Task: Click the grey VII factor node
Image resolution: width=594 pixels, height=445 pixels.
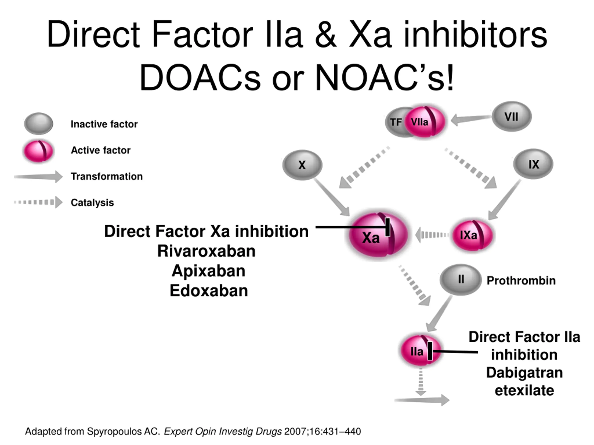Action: pos(512,117)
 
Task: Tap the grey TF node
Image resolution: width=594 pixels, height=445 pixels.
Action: pos(395,122)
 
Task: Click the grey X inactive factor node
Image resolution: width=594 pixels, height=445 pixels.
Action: pos(302,165)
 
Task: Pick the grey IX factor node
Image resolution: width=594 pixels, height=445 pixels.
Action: pos(533,164)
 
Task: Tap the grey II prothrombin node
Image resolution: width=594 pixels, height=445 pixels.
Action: pos(461,280)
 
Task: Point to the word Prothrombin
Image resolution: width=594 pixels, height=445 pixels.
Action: pos(521,281)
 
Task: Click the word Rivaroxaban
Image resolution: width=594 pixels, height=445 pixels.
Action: pos(206,251)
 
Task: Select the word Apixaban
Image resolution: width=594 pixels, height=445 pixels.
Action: pos(208,271)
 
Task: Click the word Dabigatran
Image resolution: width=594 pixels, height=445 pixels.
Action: pos(524,373)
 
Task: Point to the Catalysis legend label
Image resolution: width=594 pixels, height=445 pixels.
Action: pos(92,203)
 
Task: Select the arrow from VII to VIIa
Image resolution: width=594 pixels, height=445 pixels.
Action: pos(471,119)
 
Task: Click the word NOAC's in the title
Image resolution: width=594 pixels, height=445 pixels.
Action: pos(384,78)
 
